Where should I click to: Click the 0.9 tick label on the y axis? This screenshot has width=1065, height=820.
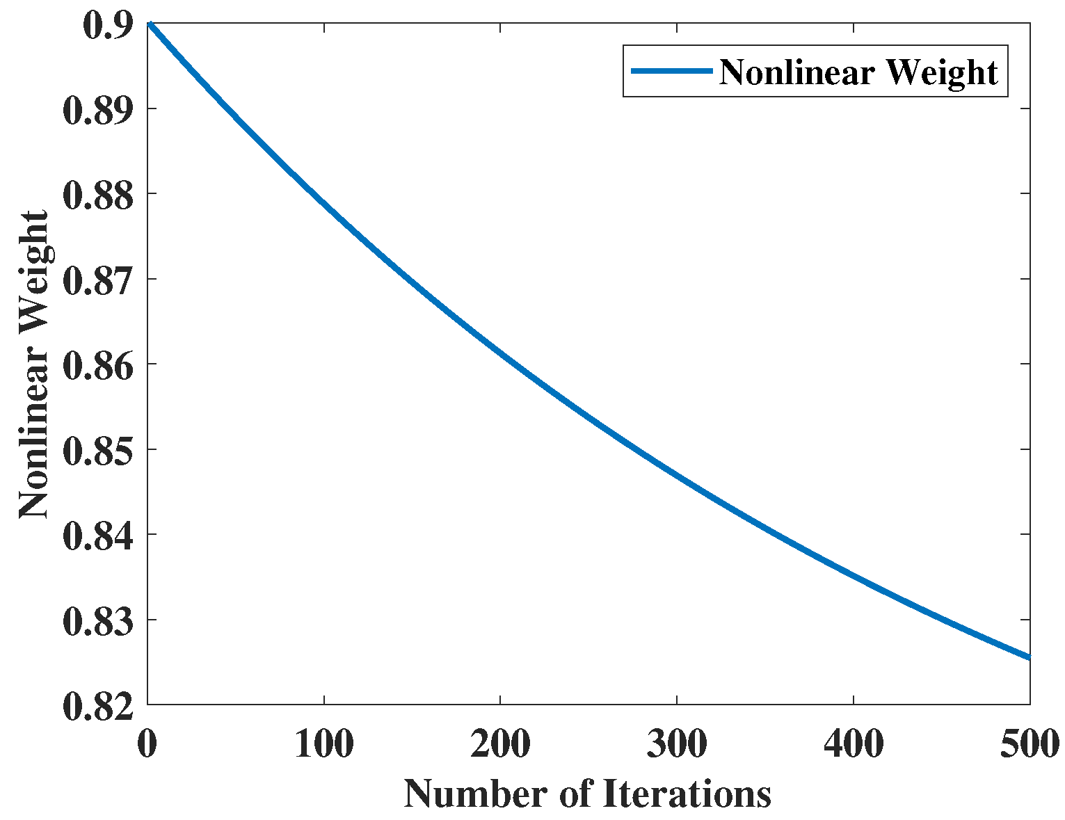click(106, 26)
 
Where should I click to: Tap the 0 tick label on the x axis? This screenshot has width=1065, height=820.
click(147, 743)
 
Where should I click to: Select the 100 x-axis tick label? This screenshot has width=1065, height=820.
click(323, 743)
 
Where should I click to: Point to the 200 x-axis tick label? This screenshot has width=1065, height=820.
click(500, 743)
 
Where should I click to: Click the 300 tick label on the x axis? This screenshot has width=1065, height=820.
click(677, 743)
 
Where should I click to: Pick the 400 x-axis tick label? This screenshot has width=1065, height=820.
click(854, 743)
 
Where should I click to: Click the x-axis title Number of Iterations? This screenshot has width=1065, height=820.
click(588, 793)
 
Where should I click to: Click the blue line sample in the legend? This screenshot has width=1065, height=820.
click(671, 71)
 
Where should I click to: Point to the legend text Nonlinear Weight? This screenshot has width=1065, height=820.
click(858, 72)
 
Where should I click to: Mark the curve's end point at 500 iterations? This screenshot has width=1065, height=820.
click(1028, 657)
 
